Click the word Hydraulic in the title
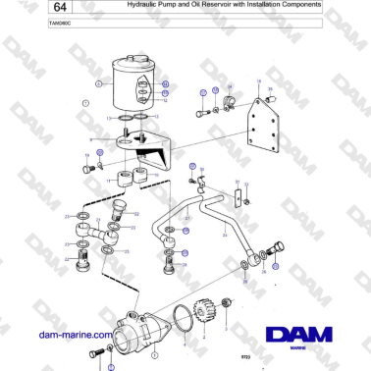click(x=144, y=6)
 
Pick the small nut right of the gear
click(x=228, y=301)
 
